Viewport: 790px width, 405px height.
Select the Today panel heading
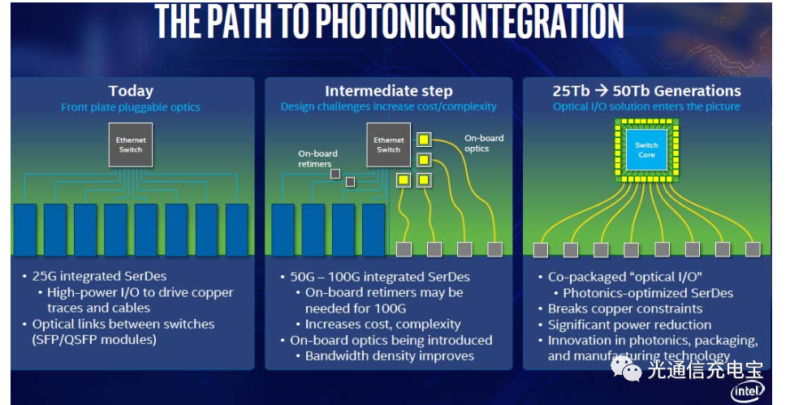[x=131, y=91]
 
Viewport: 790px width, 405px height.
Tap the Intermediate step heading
[x=388, y=91]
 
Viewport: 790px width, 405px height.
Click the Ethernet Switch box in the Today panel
[x=131, y=145]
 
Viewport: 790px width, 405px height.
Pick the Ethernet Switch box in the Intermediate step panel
[x=388, y=145]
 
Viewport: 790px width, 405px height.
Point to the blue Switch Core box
[x=646, y=149]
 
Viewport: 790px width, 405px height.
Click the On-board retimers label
[x=317, y=159]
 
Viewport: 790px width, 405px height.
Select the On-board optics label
[x=484, y=143]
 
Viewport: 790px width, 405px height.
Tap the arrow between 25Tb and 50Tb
[x=601, y=91]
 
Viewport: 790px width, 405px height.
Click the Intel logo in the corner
[x=748, y=391]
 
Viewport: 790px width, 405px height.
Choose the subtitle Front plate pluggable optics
[x=131, y=107]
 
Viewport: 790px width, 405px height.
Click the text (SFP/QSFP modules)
[x=94, y=340]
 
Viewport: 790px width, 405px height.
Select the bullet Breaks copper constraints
[x=624, y=308]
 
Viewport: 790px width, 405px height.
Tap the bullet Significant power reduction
[x=629, y=325]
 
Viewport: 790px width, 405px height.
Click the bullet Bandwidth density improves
[x=390, y=356]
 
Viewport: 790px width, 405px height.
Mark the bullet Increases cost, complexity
[x=383, y=325]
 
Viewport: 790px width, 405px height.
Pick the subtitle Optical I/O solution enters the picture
[x=646, y=107]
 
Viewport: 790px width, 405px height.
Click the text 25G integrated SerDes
[x=99, y=276]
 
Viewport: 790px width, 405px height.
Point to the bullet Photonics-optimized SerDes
[x=648, y=293]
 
